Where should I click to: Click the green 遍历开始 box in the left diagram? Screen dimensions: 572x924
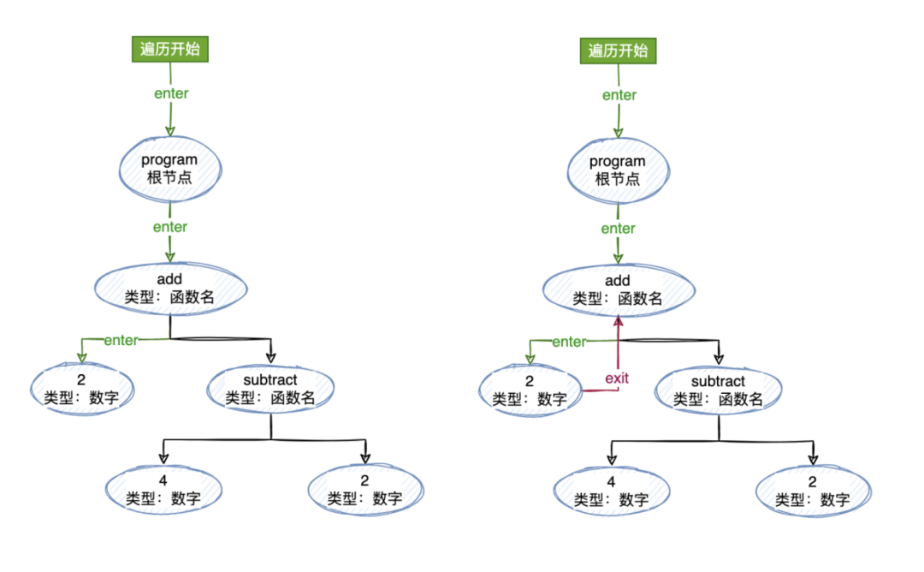(169, 49)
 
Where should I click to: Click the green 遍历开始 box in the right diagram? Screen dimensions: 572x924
(618, 51)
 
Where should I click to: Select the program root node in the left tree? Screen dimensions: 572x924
(169, 167)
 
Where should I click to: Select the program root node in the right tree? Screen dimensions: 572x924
(618, 169)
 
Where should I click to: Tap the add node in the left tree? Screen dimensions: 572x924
(170, 289)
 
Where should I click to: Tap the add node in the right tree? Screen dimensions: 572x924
(618, 289)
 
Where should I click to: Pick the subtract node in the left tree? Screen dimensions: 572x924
(271, 388)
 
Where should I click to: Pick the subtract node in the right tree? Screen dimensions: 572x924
(719, 390)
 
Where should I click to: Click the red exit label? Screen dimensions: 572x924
(617, 378)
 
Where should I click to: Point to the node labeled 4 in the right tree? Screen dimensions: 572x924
(611, 491)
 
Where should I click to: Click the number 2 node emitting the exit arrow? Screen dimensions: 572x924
(530, 390)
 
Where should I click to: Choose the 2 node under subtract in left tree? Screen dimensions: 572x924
(364, 489)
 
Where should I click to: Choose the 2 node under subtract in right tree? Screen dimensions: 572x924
(813, 491)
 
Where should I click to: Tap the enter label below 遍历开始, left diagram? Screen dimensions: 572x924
(171, 93)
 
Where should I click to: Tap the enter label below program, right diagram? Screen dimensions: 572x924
(618, 229)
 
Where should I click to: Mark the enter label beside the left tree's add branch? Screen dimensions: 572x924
(121, 340)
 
